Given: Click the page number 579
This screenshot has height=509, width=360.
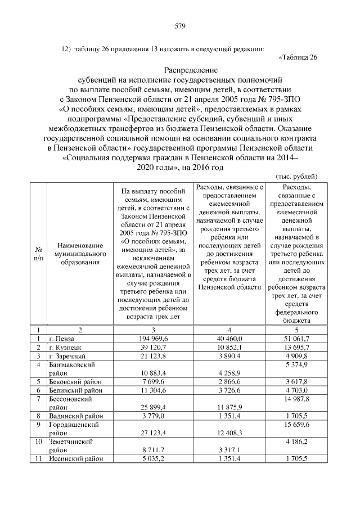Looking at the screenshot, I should point(180,26).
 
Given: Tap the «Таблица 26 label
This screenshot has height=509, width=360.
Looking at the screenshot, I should point(298,57).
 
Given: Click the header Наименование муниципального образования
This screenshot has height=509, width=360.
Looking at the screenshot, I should point(80,253).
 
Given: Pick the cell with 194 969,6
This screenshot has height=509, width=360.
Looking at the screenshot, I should point(152,339).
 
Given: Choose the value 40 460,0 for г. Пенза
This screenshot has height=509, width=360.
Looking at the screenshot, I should point(229,339).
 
